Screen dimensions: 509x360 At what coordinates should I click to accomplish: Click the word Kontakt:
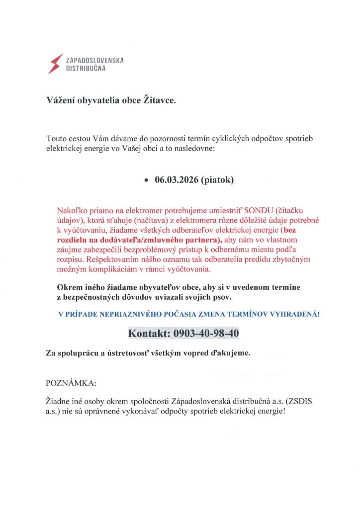pyautogui.click(x=148, y=334)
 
